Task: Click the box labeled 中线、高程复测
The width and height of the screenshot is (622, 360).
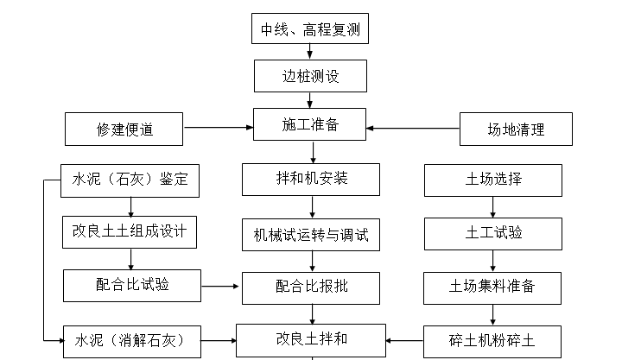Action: [310, 30]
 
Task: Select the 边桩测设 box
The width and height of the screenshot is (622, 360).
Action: [310, 76]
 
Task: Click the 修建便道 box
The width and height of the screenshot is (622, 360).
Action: [124, 130]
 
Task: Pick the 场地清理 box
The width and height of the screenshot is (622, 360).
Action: [516, 130]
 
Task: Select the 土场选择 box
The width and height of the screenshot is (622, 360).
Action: [492, 180]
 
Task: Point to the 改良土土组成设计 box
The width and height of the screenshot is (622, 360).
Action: [130, 231]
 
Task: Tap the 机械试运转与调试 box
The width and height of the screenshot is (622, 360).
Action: [310, 234]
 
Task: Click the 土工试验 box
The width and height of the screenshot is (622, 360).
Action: [492, 232]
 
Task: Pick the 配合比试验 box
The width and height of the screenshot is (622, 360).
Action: [130, 285]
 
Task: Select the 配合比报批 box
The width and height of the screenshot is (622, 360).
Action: [310, 287]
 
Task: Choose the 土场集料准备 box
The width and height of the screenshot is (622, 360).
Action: [492, 287]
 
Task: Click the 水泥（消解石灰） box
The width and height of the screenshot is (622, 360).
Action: [130, 338]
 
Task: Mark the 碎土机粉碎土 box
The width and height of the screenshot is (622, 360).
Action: [492, 339]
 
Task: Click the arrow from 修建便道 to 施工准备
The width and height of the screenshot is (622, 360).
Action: [219, 129]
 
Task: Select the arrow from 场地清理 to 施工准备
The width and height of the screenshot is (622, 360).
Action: [413, 129]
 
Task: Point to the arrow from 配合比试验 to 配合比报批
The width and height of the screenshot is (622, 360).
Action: [221, 285]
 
